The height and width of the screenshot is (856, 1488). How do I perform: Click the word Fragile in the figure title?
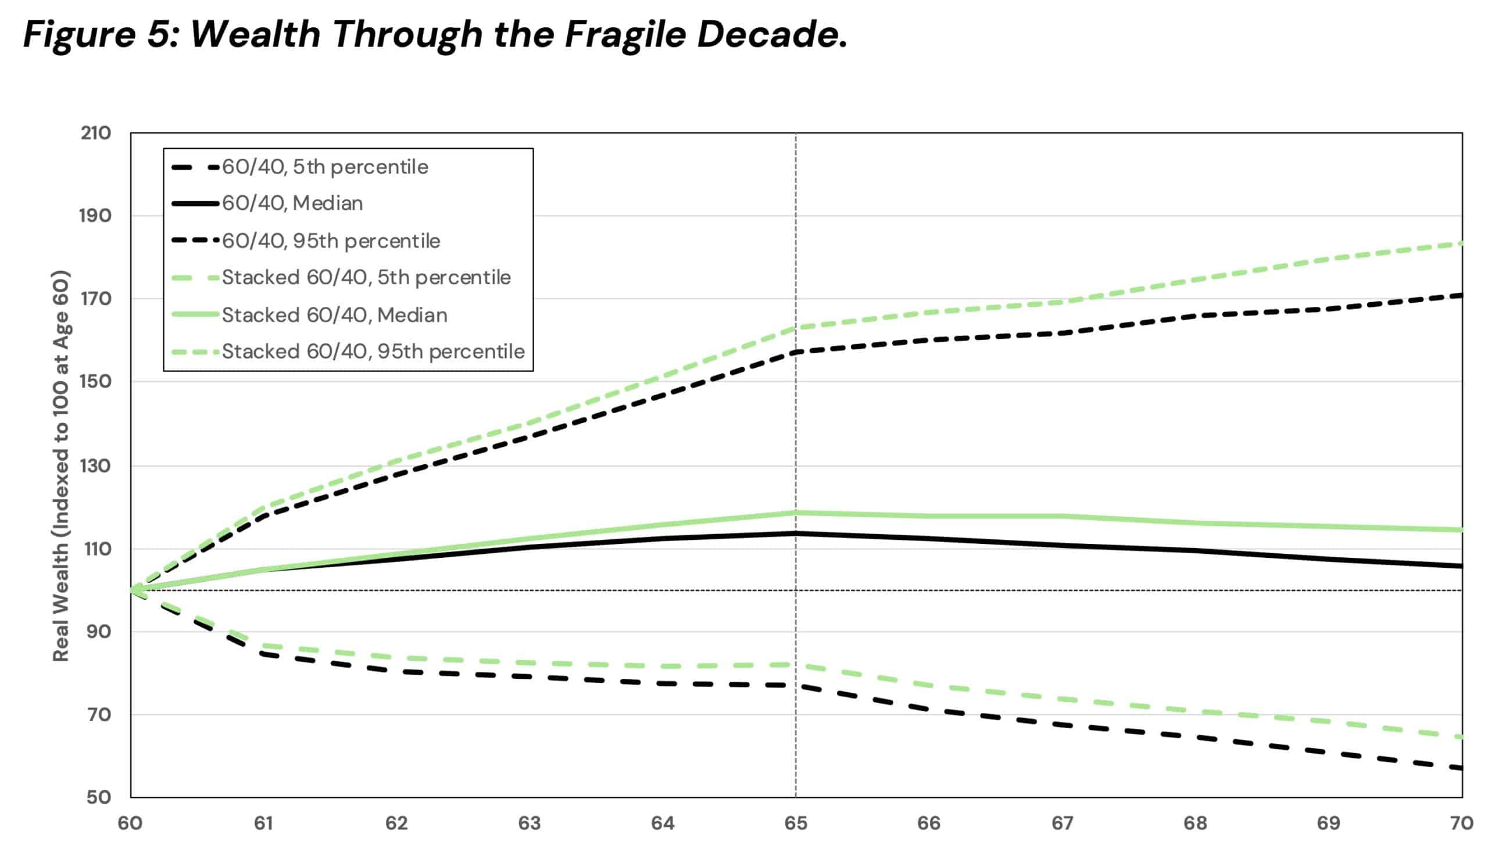pyautogui.click(x=625, y=35)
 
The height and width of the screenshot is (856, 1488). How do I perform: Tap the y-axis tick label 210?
pyautogui.click(x=96, y=133)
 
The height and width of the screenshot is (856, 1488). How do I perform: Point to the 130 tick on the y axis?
pyautogui.click(x=96, y=465)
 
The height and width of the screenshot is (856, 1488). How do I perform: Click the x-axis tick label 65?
pyautogui.click(x=796, y=823)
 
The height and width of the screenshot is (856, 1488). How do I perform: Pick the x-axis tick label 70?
pyautogui.click(x=1461, y=823)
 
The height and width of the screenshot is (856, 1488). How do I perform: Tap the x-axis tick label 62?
pyautogui.click(x=397, y=823)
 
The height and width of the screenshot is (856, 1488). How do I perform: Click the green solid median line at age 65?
pyautogui.click(x=796, y=513)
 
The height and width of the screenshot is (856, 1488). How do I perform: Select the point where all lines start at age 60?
pyautogui.click(x=131, y=590)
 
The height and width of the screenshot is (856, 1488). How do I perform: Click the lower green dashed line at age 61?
pyautogui.click(x=264, y=645)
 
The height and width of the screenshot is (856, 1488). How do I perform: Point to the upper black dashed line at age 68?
pyautogui.click(x=1196, y=316)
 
